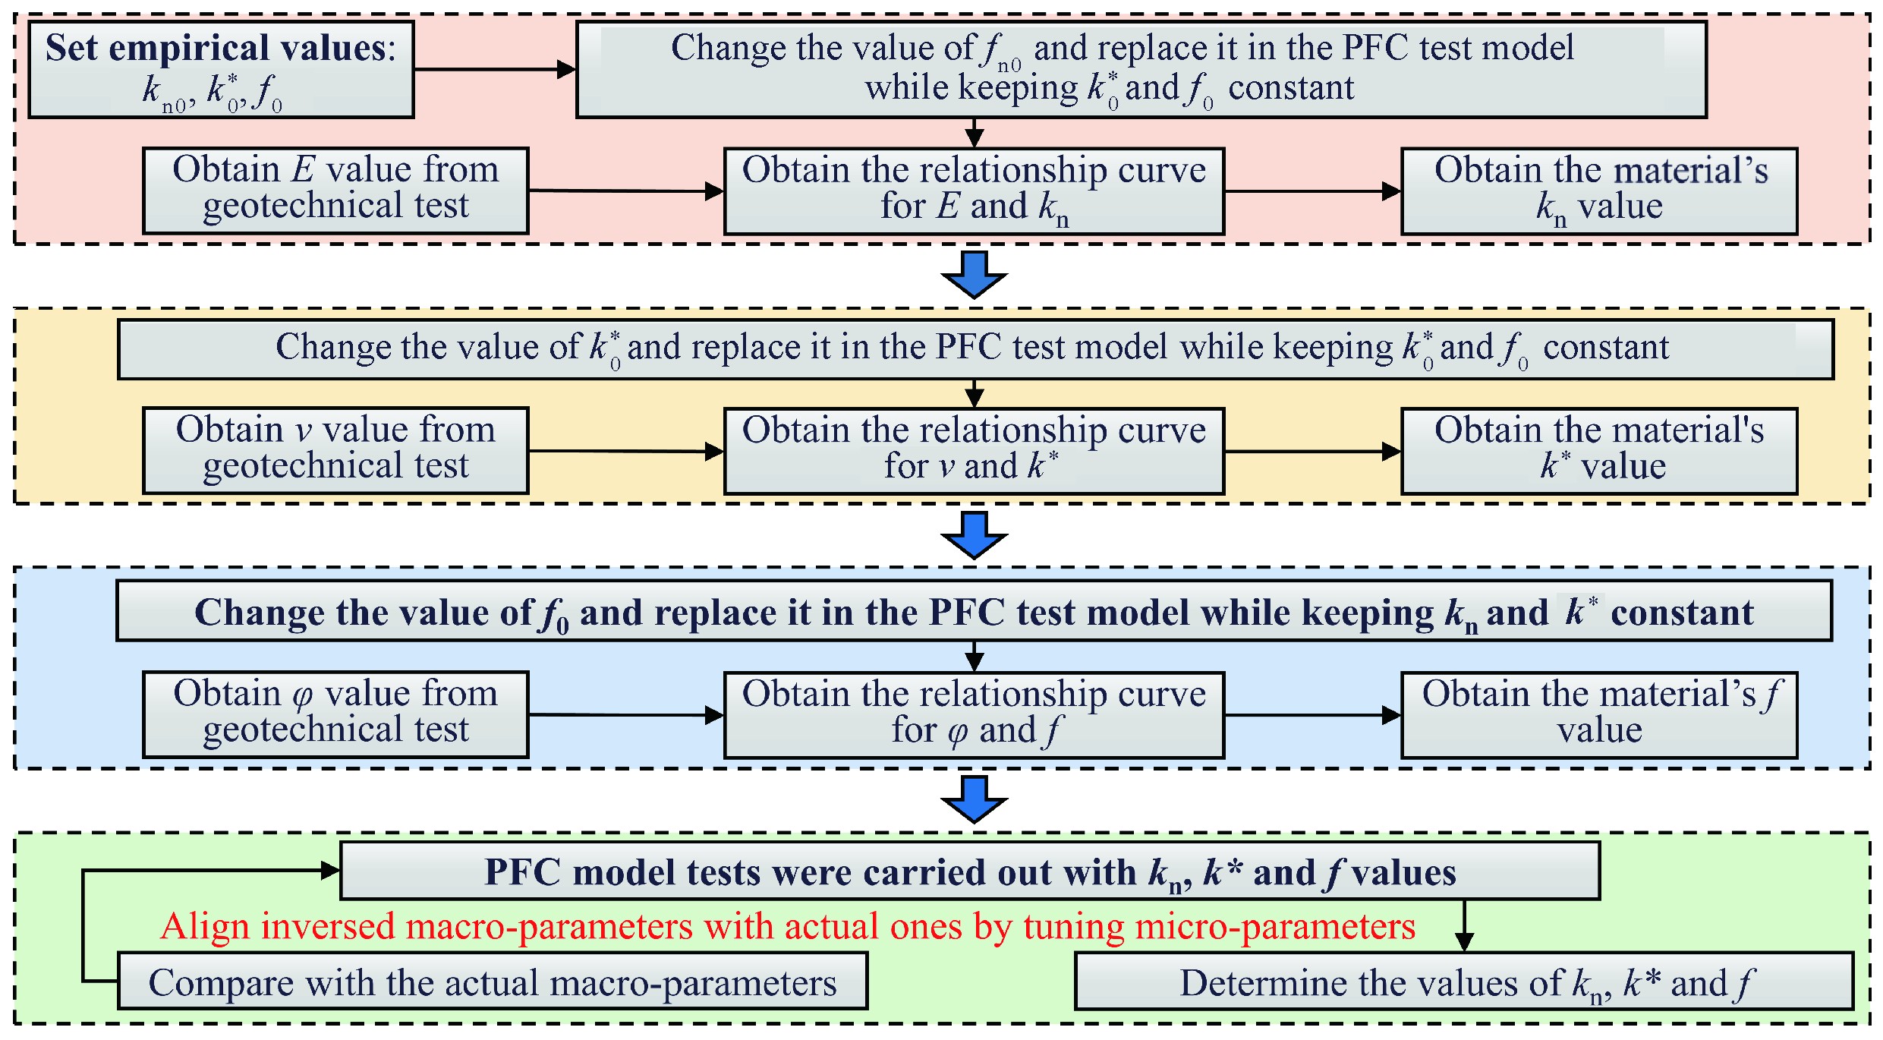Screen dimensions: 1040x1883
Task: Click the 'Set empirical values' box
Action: coord(221,70)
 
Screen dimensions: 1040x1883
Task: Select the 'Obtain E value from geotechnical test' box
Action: coord(335,191)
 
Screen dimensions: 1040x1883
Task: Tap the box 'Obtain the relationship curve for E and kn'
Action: coord(974,191)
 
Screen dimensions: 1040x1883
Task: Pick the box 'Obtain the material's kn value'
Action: coord(1599,191)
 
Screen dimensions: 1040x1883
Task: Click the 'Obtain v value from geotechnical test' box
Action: coord(335,451)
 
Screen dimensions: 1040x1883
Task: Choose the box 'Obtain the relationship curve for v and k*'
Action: coord(974,451)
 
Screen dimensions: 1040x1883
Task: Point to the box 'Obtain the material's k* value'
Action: coord(1599,451)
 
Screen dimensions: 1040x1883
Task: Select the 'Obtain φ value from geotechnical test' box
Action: coord(335,714)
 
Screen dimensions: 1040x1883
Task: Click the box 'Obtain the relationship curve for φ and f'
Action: coord(974,714)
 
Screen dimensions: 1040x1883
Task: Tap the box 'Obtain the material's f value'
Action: coord(1599,714)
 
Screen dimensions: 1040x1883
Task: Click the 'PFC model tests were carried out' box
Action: coord(970,871)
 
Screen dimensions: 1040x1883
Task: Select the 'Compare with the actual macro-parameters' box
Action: coord(493,982)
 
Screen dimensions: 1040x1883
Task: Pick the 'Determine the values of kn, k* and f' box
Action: coord(1464,982)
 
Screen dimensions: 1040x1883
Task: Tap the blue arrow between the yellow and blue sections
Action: coord(974,535)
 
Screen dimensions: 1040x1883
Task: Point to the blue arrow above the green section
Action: coord(974,799)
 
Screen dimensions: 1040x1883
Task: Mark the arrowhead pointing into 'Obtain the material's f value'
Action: coord(1391,714)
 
